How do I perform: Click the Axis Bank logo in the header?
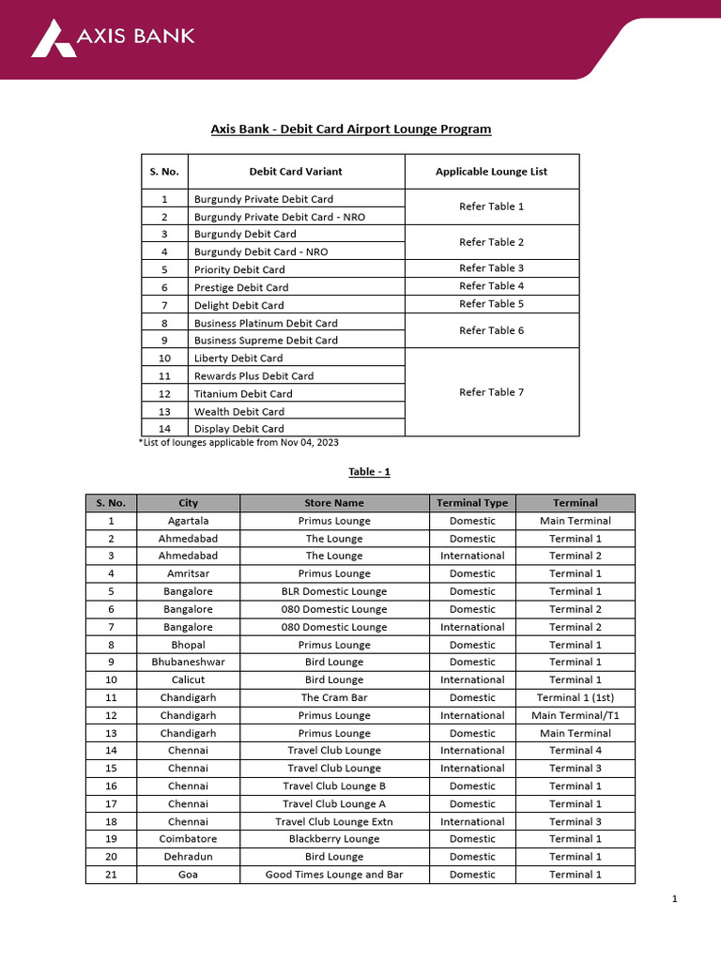tap(113, 38)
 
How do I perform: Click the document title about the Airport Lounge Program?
tap(350, 129)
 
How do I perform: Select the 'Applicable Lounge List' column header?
tap(491, 172)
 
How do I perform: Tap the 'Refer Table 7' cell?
tap(491, 392)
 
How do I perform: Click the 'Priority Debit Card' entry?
tap(239, 269)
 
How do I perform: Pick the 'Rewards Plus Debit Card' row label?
tap(253, 375)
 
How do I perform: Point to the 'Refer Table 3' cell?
tap(491, 268)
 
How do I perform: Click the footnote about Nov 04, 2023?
tap(238, 442)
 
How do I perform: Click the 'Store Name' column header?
tap(334, 503)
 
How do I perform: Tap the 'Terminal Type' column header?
tap(472, 503)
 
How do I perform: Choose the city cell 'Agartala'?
tap(188, 521)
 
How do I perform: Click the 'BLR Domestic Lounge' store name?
tap(334, 591)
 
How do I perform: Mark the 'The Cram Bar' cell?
tap(334, 697)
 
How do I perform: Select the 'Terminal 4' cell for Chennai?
tap(575, 751)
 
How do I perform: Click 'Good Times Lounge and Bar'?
tap(334, 875)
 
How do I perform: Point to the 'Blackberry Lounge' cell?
tap(334, 839)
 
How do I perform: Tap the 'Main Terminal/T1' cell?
tap(575, 715)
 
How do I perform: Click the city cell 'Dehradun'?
tap(188, 857)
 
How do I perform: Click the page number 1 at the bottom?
tap(674, 899)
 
